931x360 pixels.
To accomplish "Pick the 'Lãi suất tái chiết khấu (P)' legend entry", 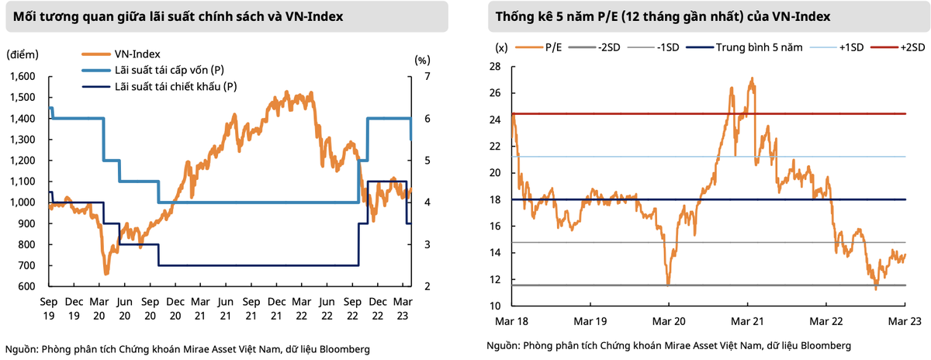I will click(175, 86).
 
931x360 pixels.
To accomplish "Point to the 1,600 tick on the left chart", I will click(24, 76).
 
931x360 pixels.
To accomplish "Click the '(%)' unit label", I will click(422, 59).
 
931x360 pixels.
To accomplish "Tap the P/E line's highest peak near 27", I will click(752, 78).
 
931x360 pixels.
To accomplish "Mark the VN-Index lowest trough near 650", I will click(106, 274).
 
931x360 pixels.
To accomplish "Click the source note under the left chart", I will click(187, 348).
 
